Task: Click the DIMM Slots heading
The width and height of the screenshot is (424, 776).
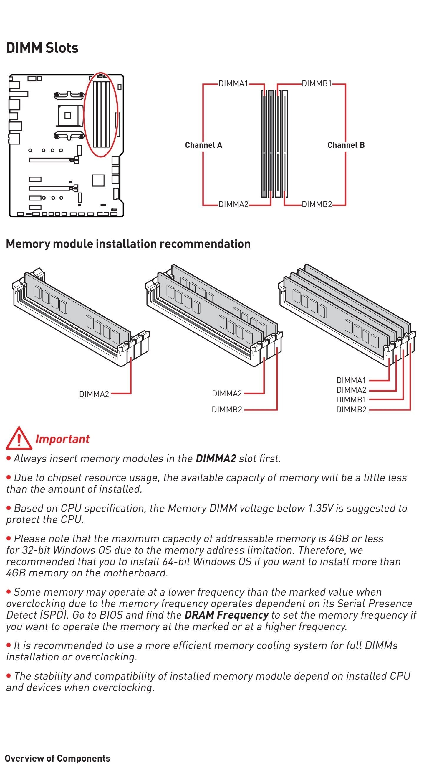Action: pos(42,48)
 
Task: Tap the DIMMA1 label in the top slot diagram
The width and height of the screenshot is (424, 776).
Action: pos(233,83)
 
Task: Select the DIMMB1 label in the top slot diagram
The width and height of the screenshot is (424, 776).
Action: pos(317,83)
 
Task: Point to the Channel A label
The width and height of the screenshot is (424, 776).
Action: pos(203,145)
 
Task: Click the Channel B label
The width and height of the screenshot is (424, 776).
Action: pos(346,145)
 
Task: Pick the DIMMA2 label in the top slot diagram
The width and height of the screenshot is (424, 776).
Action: pos(233,204)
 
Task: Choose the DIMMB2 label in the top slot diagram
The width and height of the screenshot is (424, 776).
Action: pos(317,204)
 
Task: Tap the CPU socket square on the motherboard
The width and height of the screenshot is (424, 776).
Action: pos(68,115)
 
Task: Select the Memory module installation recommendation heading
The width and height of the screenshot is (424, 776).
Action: pos(128,244)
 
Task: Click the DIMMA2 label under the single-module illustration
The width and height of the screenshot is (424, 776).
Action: pos(94,394)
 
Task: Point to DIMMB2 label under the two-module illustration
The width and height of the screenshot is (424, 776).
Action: pos(227,410)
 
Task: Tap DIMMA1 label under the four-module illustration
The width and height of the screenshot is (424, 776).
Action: pos(351,380)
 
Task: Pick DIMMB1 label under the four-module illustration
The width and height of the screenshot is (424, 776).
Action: pos(351,400)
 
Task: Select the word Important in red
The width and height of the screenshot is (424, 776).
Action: pos(62,439)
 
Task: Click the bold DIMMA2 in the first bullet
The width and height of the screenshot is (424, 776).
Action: pos(216,458)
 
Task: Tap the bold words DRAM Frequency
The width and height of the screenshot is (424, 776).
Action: pos(227,615)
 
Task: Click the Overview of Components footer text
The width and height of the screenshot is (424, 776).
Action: pos(57,758)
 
